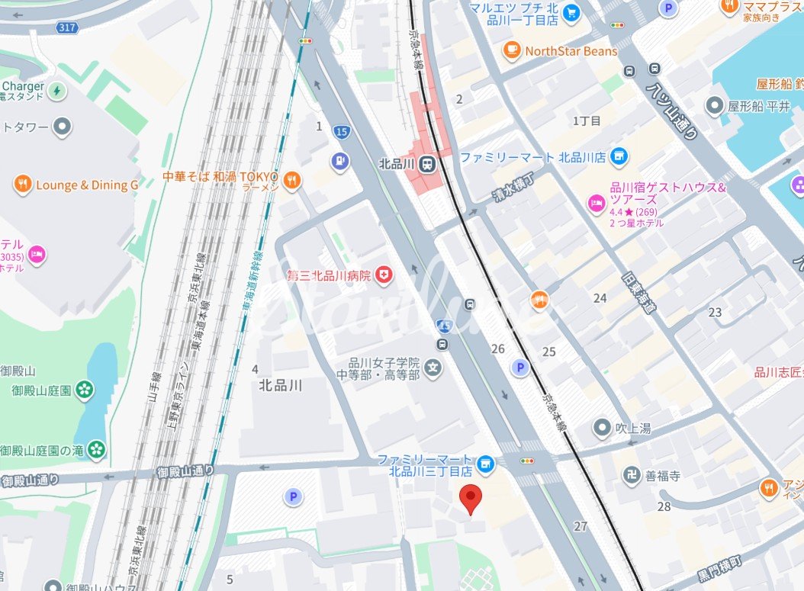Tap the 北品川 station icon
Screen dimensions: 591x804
tap(428, 163)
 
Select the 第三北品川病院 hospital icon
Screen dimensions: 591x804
tap(383, 275)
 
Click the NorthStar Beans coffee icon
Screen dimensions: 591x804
tap(511, 51)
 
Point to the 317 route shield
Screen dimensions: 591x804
tap(67, 28)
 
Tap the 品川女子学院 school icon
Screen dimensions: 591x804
tap(433, 368)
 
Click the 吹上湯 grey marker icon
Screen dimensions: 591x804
tap(603, 428)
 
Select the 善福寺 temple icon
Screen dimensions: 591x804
tap(631, 476)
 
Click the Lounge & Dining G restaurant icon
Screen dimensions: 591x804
tap(23, 185)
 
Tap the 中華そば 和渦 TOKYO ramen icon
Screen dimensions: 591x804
tap(291, 180)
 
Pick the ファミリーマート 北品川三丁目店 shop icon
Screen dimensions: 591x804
tap(484, 464)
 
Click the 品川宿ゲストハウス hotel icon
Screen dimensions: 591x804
tap(595, 203)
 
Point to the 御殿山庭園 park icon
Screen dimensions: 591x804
tap(85, 390)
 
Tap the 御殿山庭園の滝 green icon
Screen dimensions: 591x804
tap(96, 450)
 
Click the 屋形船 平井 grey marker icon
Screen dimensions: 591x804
tap(715, 106)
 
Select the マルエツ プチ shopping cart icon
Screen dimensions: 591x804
tap(571, 13)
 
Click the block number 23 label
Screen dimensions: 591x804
tap(715, 312)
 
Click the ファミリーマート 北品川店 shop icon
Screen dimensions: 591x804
tap(619, 157)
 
